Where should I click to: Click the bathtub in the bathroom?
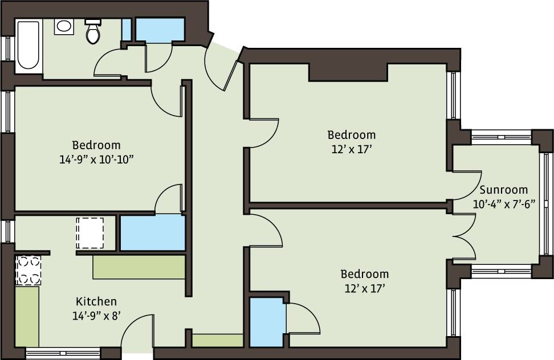28,46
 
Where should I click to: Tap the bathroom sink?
64,26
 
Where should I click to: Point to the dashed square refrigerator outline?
90,232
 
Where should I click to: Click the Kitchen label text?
96,301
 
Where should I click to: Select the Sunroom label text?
503,190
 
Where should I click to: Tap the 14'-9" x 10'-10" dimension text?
96,160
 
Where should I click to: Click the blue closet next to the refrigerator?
152,232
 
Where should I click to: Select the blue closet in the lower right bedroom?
266,321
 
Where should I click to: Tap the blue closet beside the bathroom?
160,30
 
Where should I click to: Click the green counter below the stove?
27,316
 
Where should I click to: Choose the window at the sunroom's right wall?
544,203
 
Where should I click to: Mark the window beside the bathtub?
8,48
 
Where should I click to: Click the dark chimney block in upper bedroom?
348,72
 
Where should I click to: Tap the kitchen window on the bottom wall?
63,354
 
